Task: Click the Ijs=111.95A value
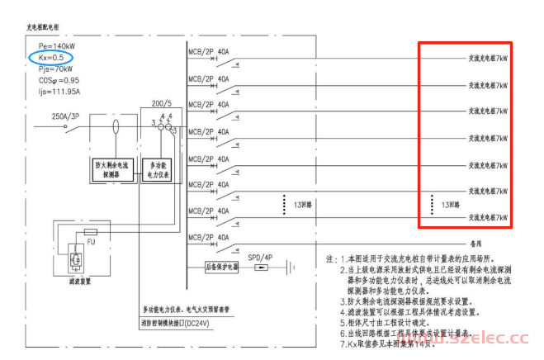(x=52, y=93)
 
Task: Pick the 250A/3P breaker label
(x=65, y=116)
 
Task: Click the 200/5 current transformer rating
(x=163, y=105)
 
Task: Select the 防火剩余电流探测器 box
(x=114, y=169)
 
